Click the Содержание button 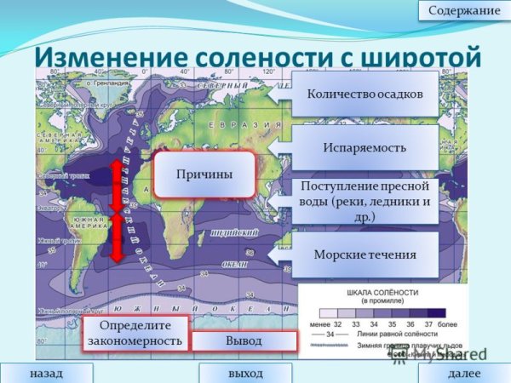coord(464,10)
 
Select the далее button coord(464,374)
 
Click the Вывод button coord(244,340)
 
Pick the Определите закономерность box coord(135,334)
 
